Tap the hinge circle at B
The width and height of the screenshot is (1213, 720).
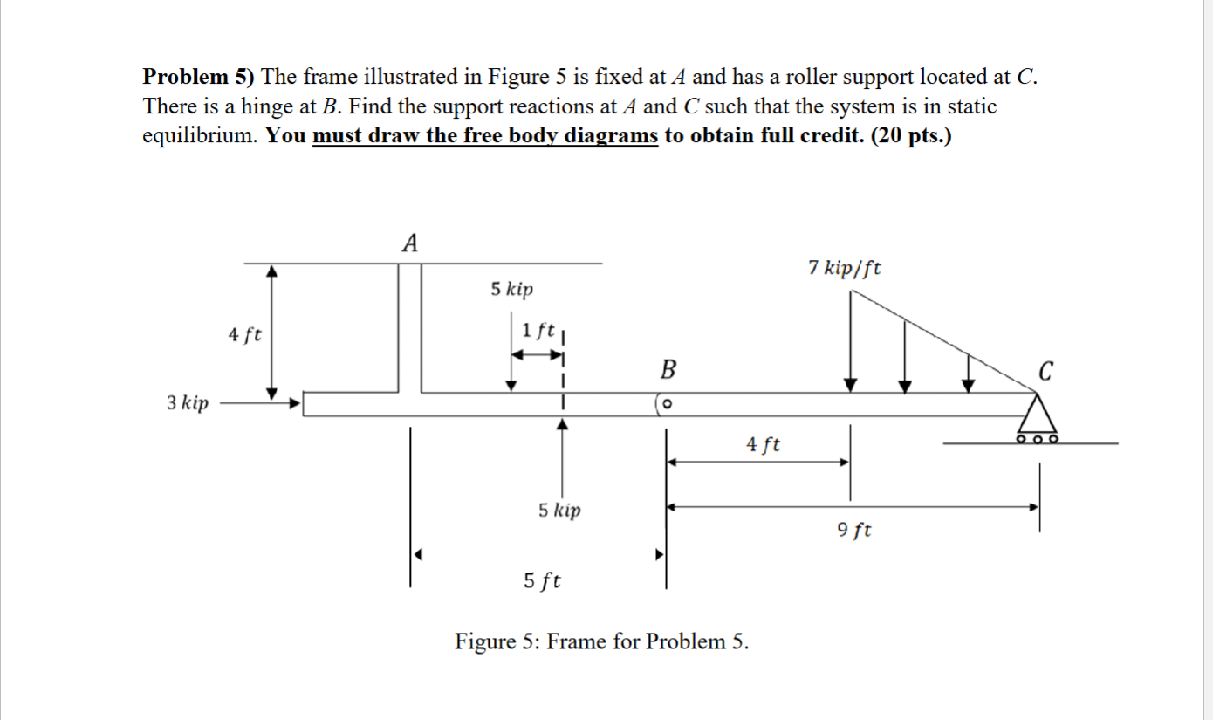pos(666,405)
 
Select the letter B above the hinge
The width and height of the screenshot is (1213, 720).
pos(668,370)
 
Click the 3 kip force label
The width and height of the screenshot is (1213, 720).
pos(188,403)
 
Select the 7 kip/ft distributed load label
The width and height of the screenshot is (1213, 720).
pos(844,268)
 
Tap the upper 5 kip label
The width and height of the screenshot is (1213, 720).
pos(512,290)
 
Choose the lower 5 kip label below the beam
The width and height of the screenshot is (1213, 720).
pos(559,510)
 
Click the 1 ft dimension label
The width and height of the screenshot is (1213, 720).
pos(538,331)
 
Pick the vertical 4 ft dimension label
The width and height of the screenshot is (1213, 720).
pos(245,334)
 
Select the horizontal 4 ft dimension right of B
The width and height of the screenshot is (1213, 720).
pos(764,445)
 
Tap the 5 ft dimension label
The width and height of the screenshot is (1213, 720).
pos(542,580)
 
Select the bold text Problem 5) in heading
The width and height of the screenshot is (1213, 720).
pos(198,77)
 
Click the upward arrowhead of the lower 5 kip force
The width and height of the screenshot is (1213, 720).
pos(564,424)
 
